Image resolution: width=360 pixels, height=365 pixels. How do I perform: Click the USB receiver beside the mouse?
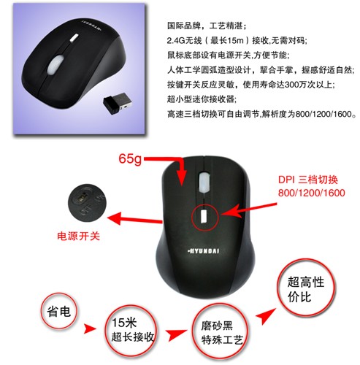click(118, 104)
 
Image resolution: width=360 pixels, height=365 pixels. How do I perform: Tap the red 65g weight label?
click(130, 159)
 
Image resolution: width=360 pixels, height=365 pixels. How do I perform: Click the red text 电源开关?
click(78, 236)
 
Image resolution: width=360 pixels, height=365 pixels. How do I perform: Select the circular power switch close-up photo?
click(87, 202)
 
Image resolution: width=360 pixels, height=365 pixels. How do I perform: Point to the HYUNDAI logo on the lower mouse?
click(204, 251)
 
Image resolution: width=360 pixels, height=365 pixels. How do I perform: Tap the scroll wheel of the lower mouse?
click(204, 182)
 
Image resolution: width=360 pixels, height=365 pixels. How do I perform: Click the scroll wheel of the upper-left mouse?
click(55, 64)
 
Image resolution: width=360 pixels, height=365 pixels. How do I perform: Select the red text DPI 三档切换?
click(308, 180)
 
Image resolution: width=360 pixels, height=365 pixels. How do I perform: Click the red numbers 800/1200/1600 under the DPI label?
click(312, 193)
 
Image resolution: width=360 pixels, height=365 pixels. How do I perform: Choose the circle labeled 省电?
click(59, 311)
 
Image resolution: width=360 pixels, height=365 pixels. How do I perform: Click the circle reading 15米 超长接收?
click(131, 329)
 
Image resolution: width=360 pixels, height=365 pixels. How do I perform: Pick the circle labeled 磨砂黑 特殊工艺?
click(221, 332)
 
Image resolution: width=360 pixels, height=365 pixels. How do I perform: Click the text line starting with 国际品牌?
click(207, 26)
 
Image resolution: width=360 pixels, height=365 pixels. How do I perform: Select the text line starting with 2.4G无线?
click(237, 40)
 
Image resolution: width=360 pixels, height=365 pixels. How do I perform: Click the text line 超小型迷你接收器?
click(202, 99)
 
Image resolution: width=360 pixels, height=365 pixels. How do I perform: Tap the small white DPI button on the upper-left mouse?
click(74, 38)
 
